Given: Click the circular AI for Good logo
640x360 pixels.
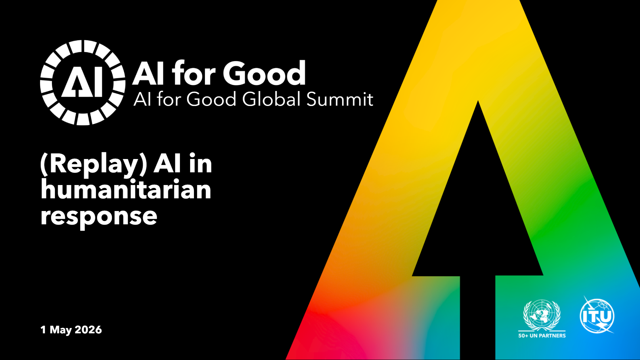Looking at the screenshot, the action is (x=83, y=83).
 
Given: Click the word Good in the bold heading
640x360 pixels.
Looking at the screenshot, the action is (x=264, y=73).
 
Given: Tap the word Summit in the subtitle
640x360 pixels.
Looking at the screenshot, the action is (x=340, y=99).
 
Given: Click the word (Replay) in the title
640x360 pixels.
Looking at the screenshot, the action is (x=94, y=164).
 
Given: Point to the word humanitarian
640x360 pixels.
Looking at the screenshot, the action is (x=126, y=189).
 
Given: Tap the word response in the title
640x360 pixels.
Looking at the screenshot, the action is (x=99, y=217).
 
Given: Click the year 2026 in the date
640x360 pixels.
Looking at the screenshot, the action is (x=88, y=330).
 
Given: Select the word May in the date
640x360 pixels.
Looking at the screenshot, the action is (x=61, y=330).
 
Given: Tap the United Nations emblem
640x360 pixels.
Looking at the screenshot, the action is (x=542, y=315).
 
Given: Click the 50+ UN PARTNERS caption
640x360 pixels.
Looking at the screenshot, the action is (x=542, y=336).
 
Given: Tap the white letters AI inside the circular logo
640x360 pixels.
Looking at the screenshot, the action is (x=82, y=83).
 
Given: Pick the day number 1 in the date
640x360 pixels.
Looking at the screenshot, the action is (x=43, y=330).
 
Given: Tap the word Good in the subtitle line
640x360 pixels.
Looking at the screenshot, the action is (x=211, y=99).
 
